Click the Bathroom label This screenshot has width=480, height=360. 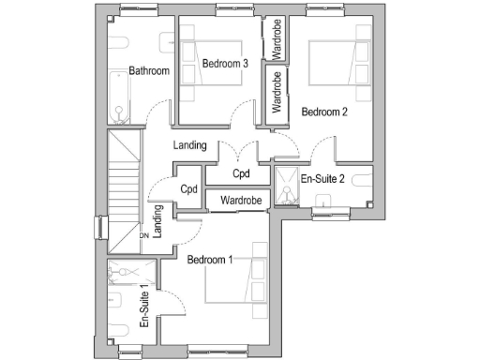pos(149,71)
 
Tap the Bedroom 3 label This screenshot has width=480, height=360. pos(224,64)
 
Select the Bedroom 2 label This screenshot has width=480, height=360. pos(324,112)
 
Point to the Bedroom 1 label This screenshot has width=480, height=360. pos(210,260)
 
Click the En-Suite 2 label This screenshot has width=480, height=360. pos(322,178)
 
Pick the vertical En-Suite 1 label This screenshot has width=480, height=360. pos(144,307)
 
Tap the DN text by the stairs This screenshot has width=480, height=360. pos(144,236)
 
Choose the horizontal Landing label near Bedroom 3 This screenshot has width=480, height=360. pos(190,146)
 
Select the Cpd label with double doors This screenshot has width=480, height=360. pos(242,174)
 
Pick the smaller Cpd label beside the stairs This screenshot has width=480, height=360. pos(189,188)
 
